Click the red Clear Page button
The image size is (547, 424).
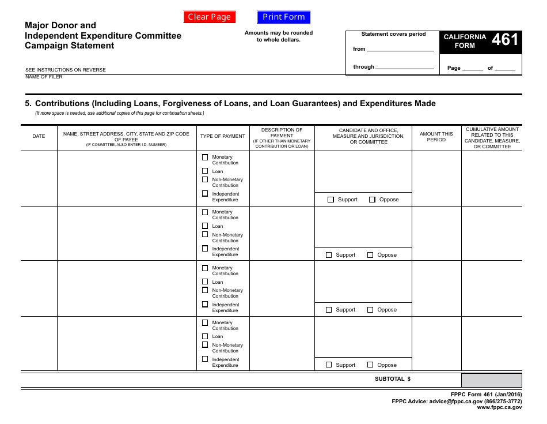209,17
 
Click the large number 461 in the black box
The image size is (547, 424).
505,40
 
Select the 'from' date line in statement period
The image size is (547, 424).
401,50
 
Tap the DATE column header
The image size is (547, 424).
39,137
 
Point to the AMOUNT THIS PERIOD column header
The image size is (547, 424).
436,137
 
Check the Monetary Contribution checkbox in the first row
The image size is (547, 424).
205,157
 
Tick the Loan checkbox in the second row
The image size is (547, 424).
205,226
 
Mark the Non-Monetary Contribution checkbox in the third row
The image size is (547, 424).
205,290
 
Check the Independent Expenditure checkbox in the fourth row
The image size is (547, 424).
205,359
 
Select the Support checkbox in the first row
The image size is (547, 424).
331,200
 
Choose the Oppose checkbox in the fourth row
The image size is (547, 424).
370,365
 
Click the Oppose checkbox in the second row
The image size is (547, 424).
370,254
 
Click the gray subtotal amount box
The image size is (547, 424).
491,380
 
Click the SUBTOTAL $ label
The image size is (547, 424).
393,380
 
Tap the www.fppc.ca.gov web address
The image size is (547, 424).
499,407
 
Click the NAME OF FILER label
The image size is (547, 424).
44,77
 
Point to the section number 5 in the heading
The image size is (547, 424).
28,104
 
